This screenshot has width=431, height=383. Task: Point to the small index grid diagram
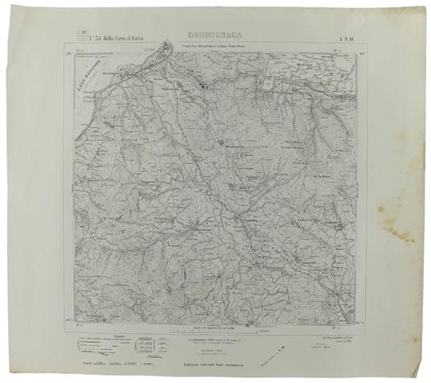[80, 33]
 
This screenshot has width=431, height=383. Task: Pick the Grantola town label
[251, 216]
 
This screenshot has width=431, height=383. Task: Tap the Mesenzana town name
[192, 233]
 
